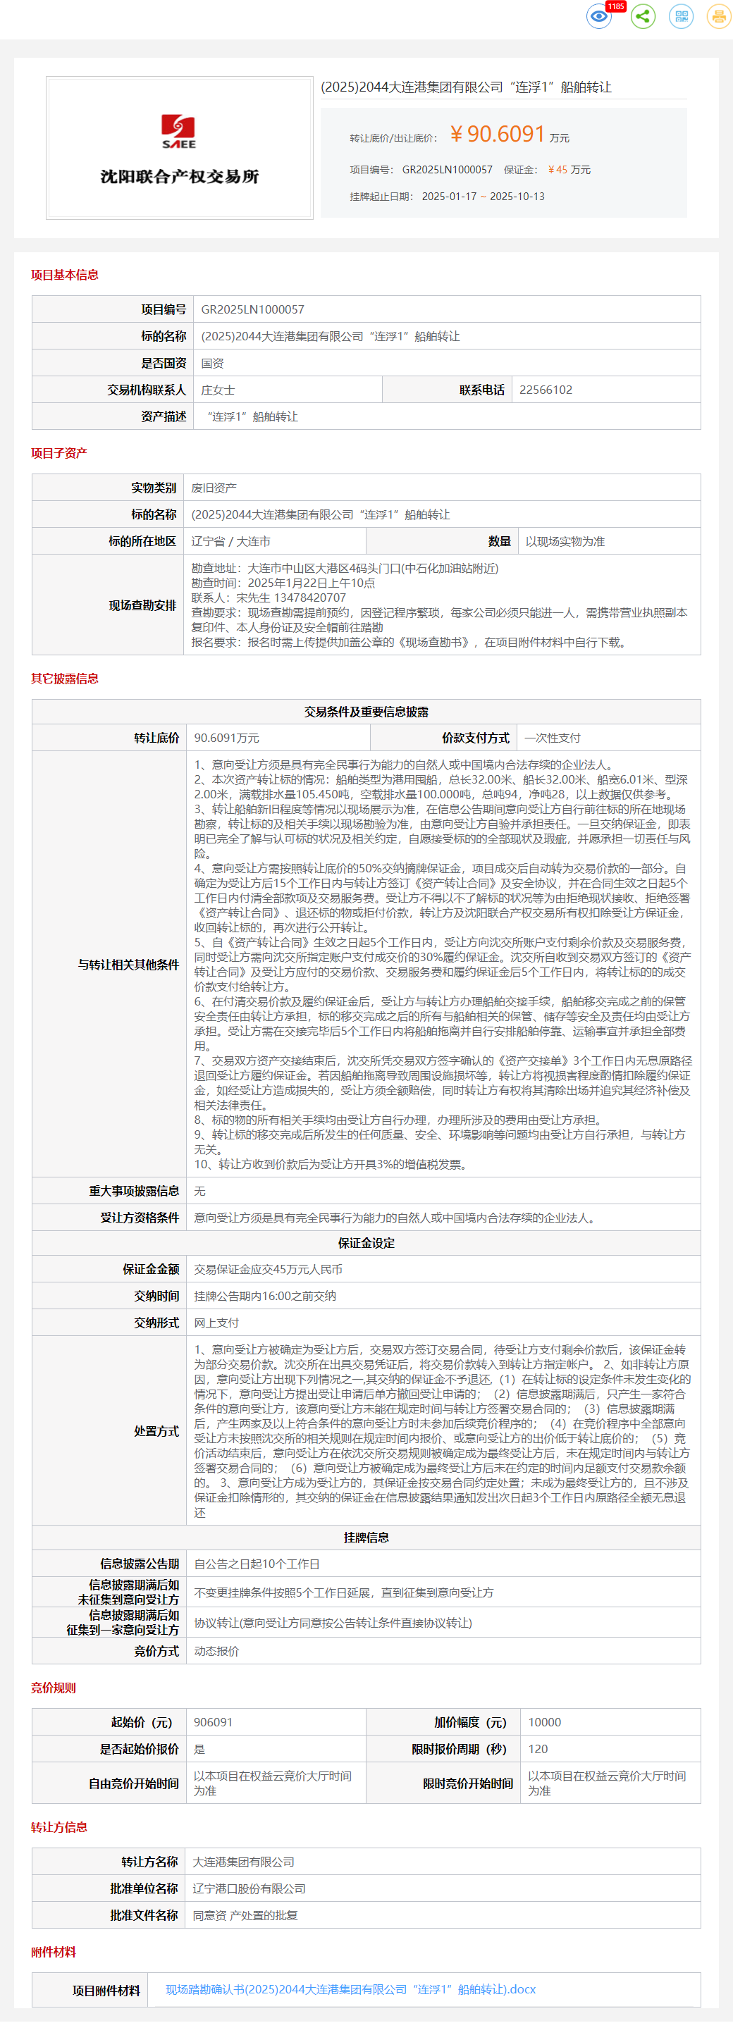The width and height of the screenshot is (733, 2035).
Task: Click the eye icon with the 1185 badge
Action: [598, 17]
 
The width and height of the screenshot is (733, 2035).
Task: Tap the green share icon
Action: [643, 17]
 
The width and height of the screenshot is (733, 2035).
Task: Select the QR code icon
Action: [681, 17]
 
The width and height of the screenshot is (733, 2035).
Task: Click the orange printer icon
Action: [718, 17]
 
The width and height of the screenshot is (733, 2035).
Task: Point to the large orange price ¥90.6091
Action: [498, 135]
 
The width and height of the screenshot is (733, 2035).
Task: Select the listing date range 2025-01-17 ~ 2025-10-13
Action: [483, 197]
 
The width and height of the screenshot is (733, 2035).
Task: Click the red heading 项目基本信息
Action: [65, 275]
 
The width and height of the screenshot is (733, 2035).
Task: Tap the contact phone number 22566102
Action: [545, 390]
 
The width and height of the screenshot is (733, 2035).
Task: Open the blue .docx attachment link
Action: [351, 1989]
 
